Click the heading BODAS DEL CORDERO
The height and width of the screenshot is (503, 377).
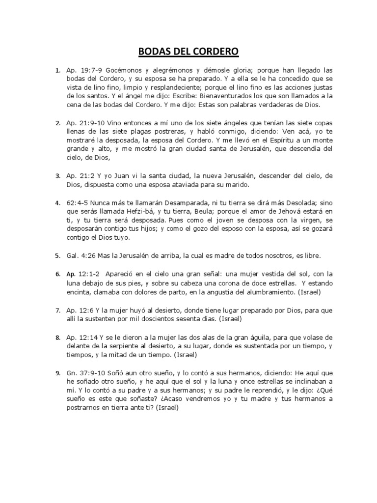[x=188, y=52]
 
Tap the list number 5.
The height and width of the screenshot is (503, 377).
[x=57, y=256]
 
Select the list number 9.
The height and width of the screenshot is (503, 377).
[x=57, y=373]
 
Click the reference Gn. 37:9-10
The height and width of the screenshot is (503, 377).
[x=85, y=373]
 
